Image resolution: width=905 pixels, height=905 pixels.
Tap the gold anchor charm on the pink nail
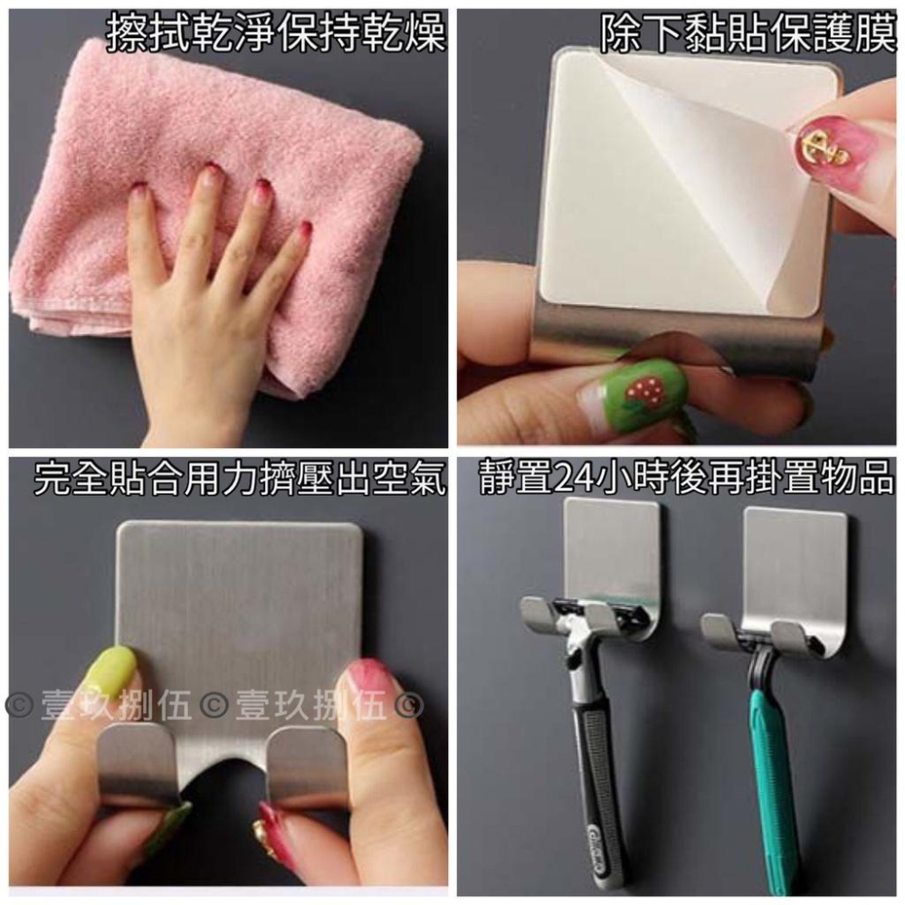(x=820, y=148)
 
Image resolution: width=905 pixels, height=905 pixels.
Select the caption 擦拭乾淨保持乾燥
(x=276, y=33)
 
